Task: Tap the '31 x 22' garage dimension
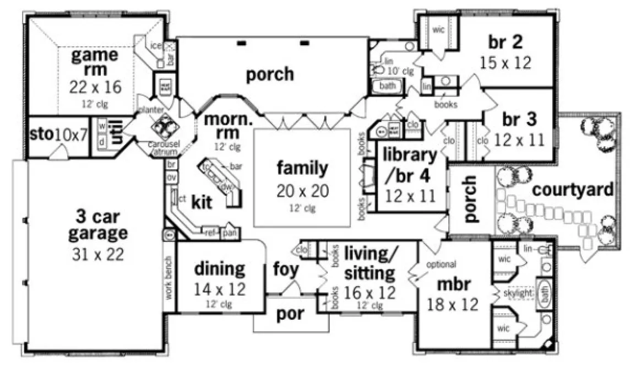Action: point(97,255)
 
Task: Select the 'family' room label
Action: point(302,168)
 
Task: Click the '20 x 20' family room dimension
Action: point(302,191)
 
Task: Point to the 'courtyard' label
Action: point(573,190)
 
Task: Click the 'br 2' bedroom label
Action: point(505,41)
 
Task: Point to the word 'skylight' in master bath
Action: point(518,294)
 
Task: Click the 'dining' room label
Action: point(219,270)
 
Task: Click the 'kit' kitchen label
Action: point(202,202)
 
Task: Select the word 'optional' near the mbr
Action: point(441,264)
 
